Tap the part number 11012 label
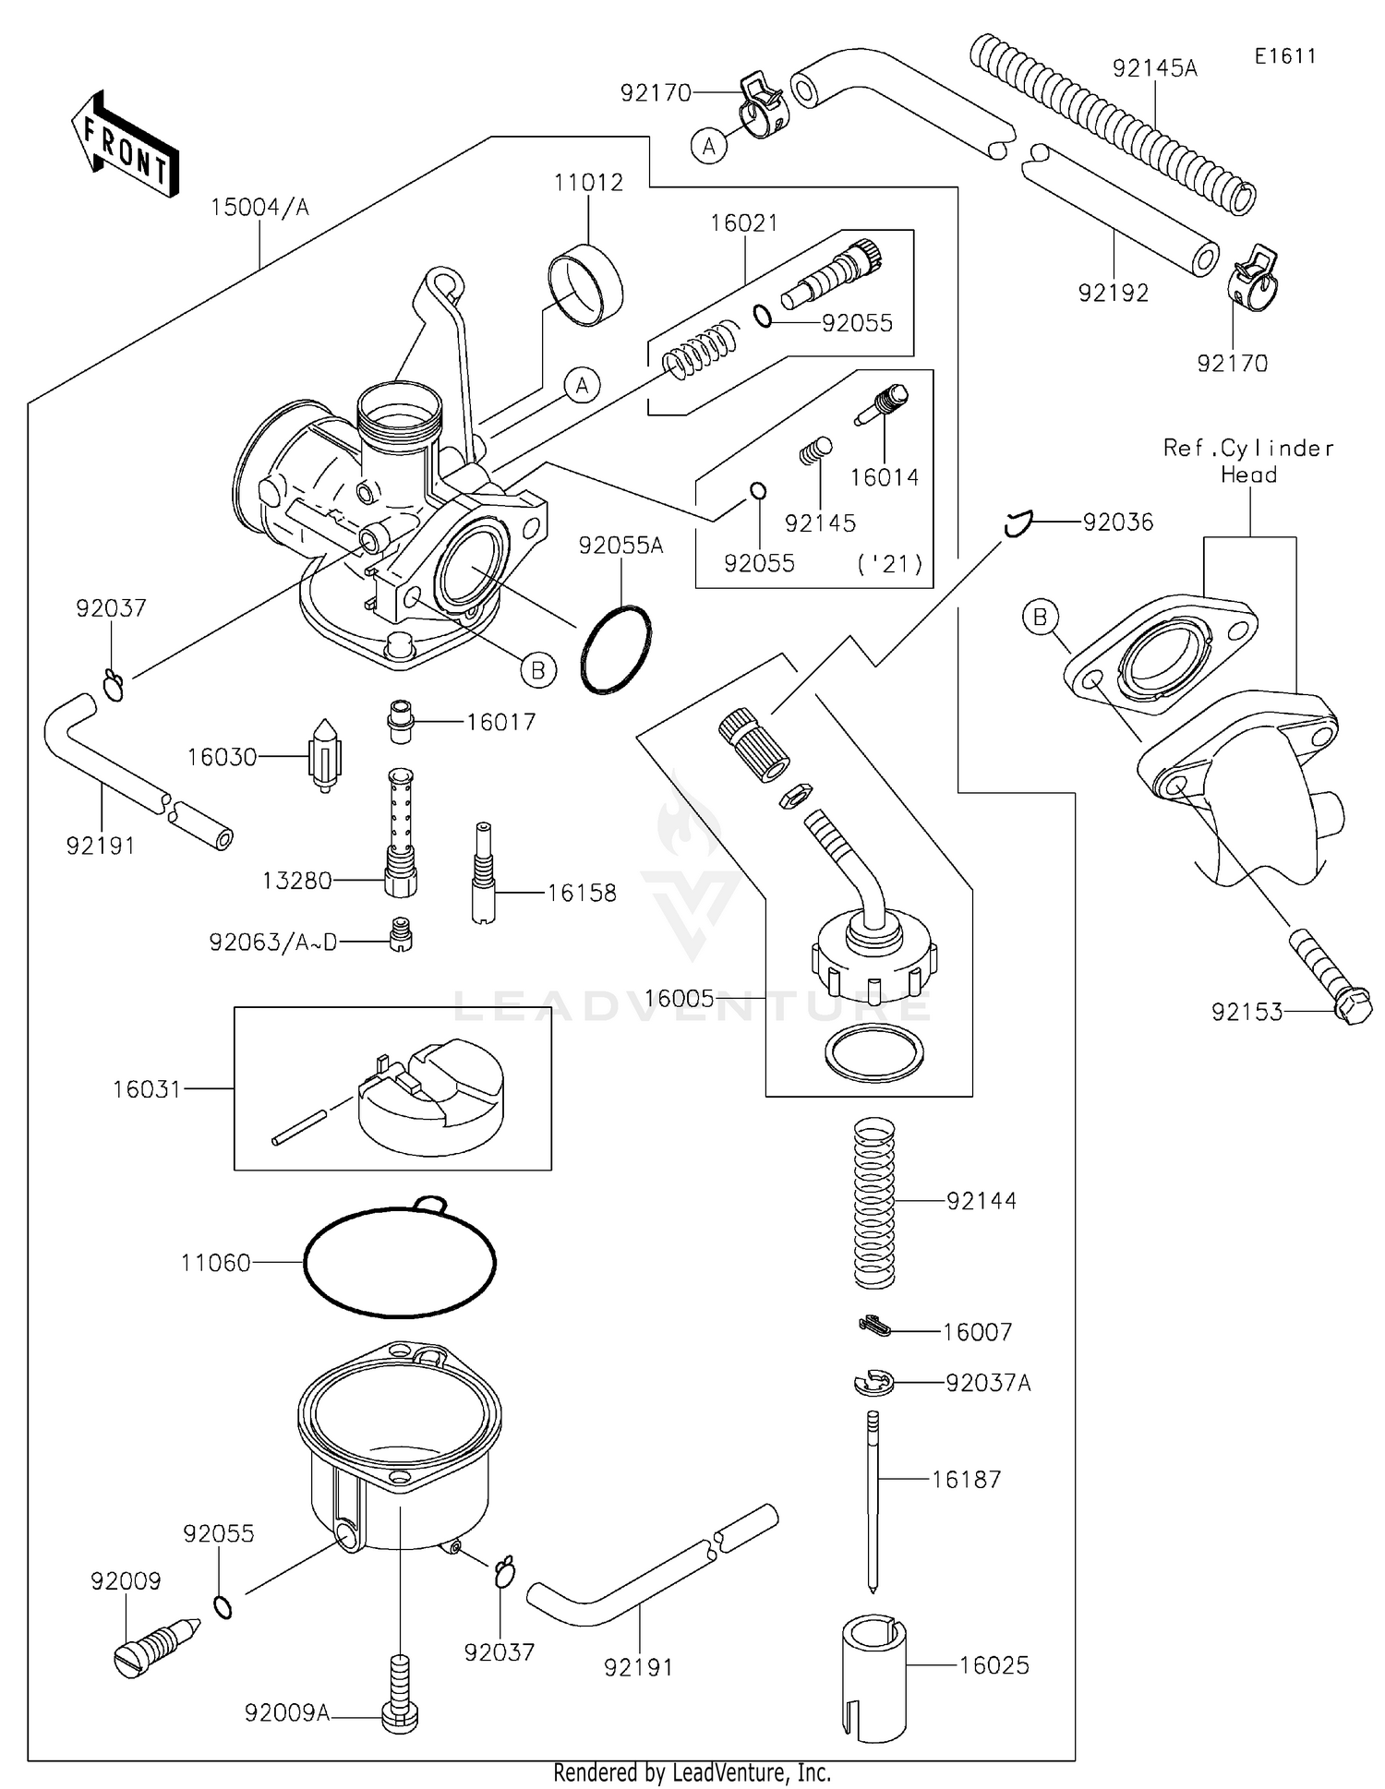[588, 183]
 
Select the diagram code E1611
[1284, 56]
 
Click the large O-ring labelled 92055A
[616, 650]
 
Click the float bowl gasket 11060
[400, 1261]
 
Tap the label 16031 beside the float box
[147, 1089]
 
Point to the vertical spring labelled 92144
[873, 1202]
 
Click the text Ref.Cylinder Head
[1248, 461]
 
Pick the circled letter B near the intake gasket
[1041, 617]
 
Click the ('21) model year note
[890, 564]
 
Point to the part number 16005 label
[679, 999]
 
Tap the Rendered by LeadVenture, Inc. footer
[692, 1772]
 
